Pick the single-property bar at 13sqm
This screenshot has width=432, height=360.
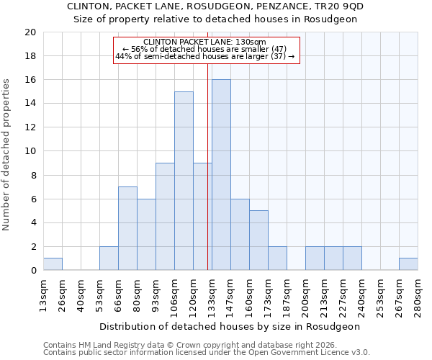click(x=53, y=264)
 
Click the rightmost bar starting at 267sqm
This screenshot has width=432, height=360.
click(x=408, y=264)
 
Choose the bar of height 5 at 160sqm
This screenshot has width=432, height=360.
click(x=258, y=240)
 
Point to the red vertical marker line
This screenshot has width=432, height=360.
click(x=207, y=180)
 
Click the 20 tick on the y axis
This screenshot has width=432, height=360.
click(x=30, y=32)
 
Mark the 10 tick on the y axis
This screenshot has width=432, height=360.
click(x=30, y=151)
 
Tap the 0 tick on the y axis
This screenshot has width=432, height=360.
click(x=32, y=271)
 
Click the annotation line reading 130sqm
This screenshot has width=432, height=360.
click(x=205, y=42)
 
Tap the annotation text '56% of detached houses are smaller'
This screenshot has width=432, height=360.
click(x=205, y=50)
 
